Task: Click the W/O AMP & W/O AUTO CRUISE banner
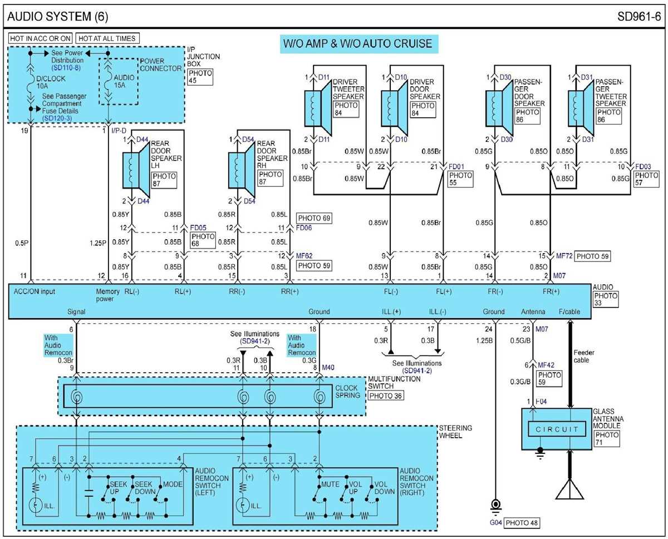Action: click(x=356, y=44)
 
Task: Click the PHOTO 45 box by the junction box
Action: click(x=200, y=76)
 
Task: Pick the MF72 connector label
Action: click(x=564, y=256)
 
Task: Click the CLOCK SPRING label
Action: click(x=348, y=392)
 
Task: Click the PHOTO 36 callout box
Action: click(x=386, y=395)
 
